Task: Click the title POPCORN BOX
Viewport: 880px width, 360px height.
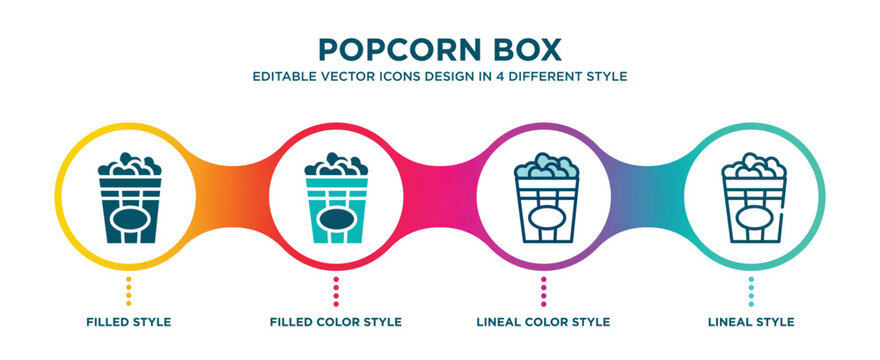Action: click(440, 49)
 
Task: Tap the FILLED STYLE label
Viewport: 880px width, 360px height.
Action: click(128, 322)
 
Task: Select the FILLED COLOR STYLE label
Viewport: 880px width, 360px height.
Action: click(336, 322)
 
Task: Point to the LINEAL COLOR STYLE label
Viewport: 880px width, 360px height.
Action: click(544, 322)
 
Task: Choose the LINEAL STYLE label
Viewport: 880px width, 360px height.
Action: click(752, 322)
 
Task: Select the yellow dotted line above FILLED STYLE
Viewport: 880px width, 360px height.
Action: click(128, 291)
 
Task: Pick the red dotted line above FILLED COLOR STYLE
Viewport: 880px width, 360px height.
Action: click(336, 291)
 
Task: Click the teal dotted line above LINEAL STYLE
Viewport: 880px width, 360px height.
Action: click(752, 291)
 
